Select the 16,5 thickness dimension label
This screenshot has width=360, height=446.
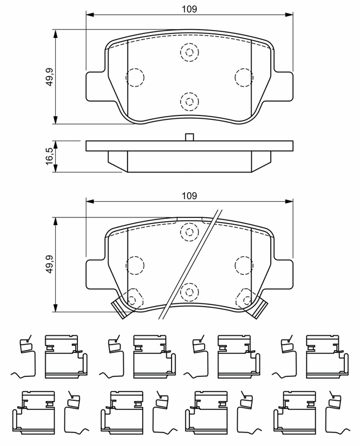pyautogui.click(x=49, y=155)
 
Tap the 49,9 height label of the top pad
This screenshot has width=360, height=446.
pyautogui.click(x=49, y=76)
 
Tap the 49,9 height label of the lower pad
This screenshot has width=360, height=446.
pyautogui.click(x=49, y=264)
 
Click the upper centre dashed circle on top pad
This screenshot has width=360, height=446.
pyautogui.click(x=189, y=53)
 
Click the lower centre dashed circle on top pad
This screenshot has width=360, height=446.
pyautogui.click(x=189, y=101)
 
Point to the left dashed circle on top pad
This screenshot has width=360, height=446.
pyautogui.click(x=135, y=77)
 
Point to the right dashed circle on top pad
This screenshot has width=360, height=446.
pyautogui.click(x=244, y=77)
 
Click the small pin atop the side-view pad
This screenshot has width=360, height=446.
pyautogui.click(x=189, y=137)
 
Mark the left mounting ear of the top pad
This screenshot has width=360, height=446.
pyautogui.click(x=95, y=86)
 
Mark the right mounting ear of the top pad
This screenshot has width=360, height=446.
pyautogui.click(x=283, y=86)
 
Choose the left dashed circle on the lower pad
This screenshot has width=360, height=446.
pyautogui.click(x=135, y=265)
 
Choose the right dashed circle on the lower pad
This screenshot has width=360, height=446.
pyautogui.click(x=244, y=265)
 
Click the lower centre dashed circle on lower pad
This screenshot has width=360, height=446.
pyautogui.click(x=189, y=290)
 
